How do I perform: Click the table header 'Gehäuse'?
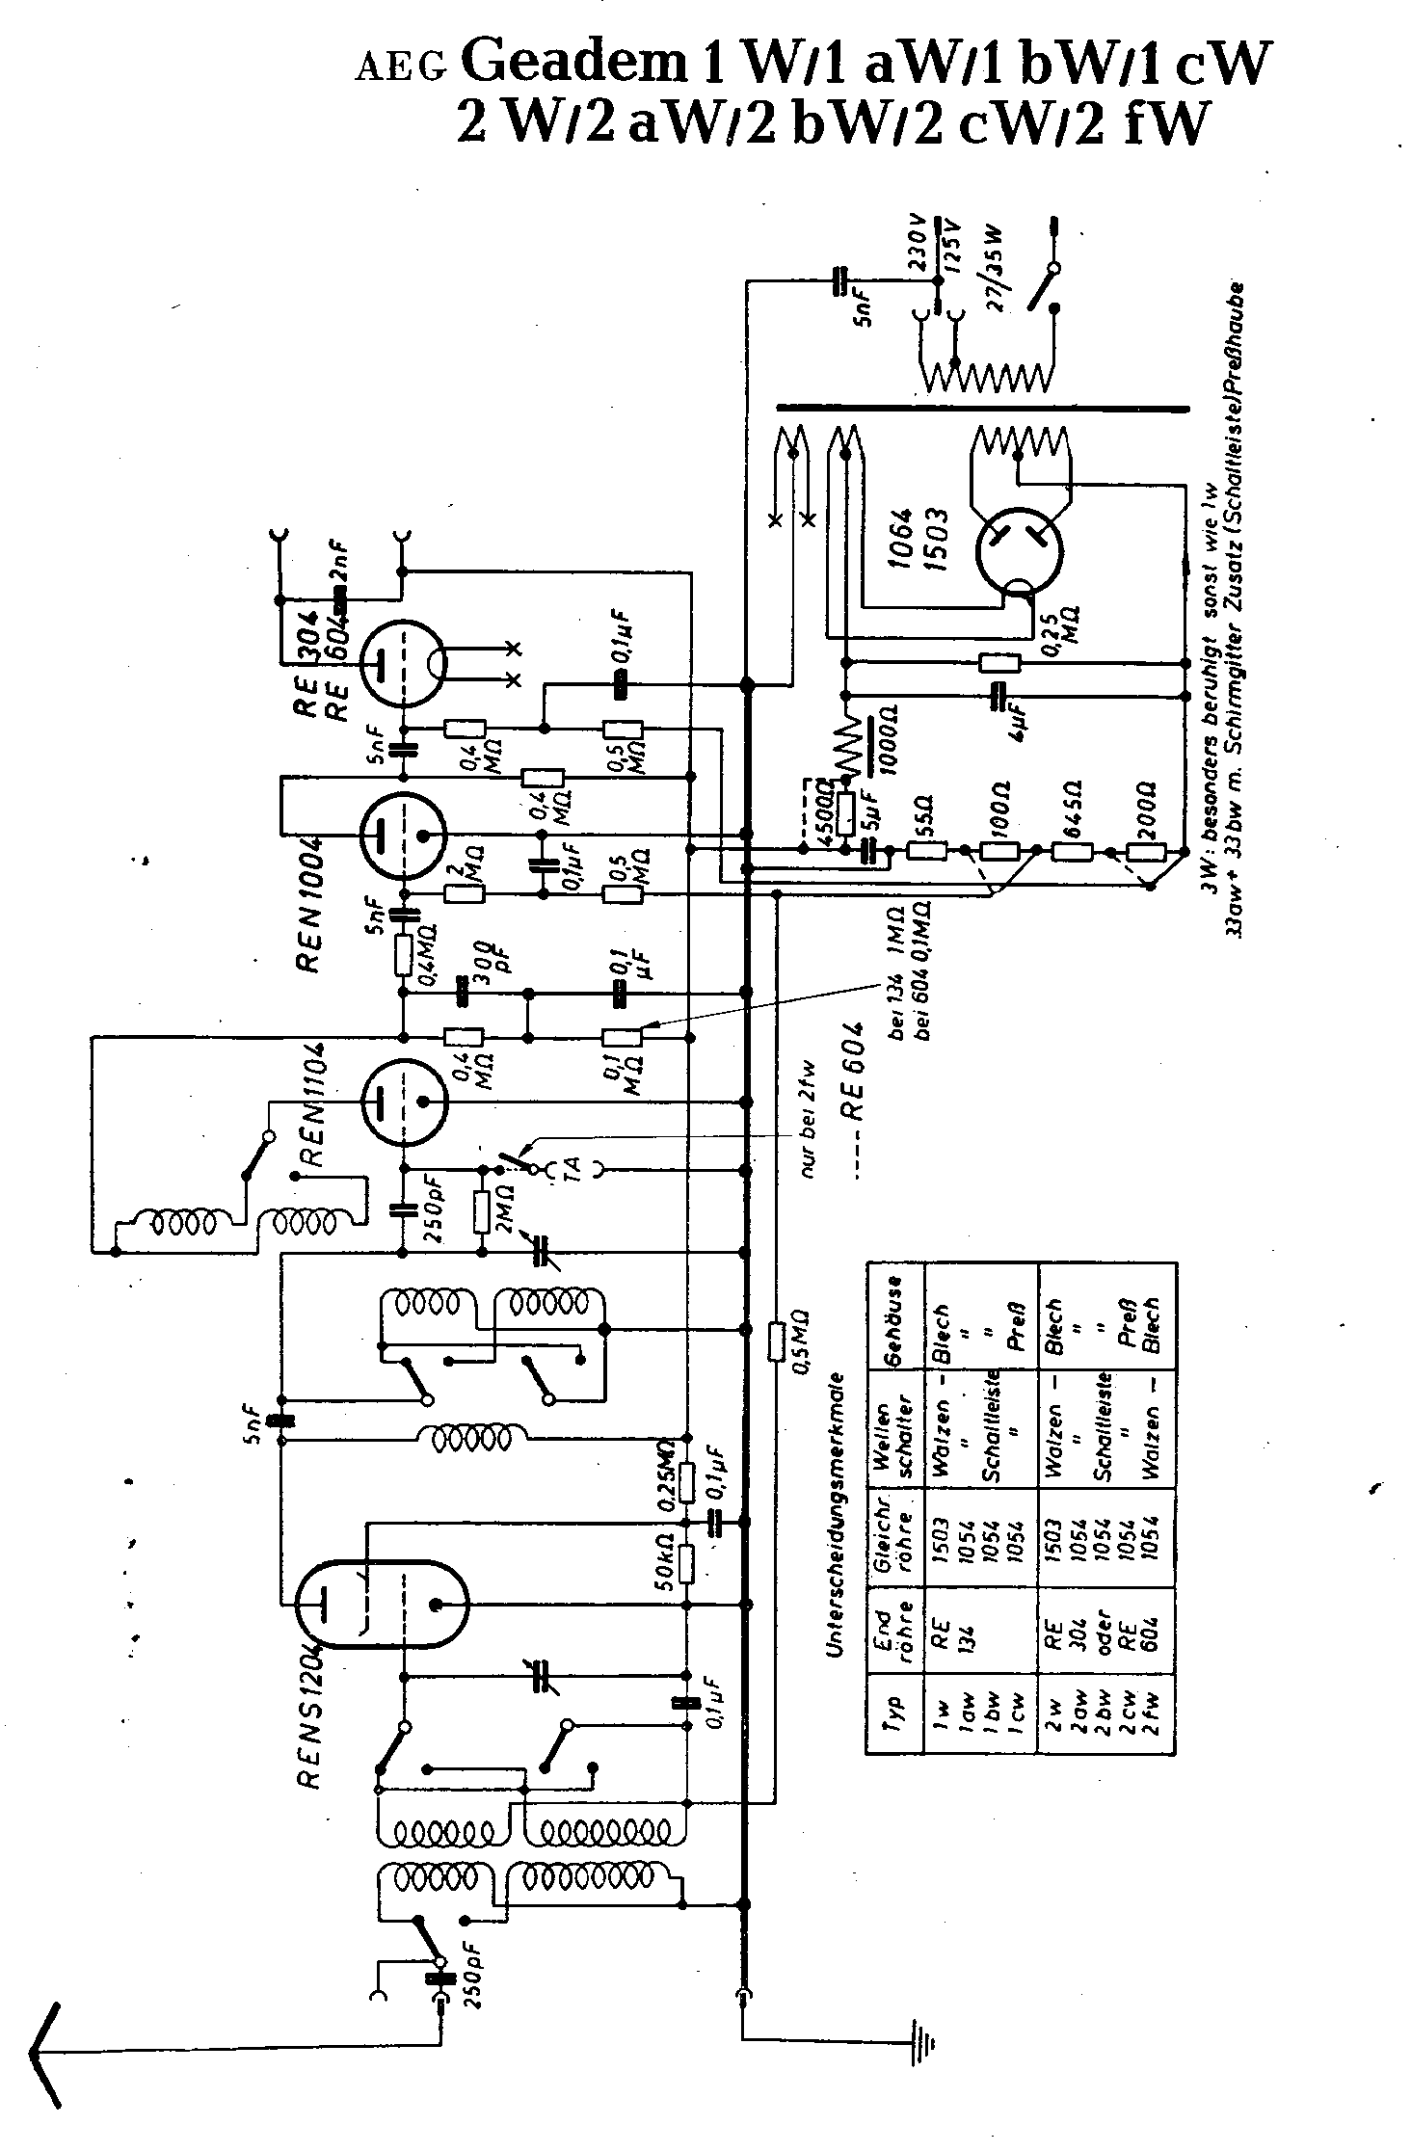[x=895, y=1313]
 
